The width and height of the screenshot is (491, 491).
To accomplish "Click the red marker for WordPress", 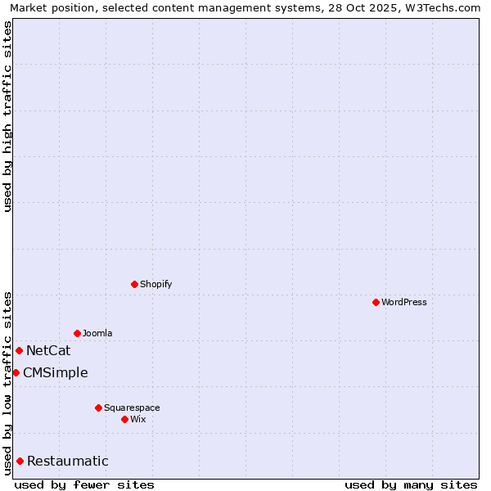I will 376,302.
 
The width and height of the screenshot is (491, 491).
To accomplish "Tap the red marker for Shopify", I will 134,284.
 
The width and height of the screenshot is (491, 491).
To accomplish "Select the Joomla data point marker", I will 77,333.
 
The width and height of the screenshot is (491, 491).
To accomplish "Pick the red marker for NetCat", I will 19,350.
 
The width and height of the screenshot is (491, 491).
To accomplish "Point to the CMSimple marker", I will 16,372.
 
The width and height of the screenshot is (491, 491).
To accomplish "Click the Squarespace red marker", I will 98,408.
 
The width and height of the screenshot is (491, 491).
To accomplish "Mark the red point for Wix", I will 124,419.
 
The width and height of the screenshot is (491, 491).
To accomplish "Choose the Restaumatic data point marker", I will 20,461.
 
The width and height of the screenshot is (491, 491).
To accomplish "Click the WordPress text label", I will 404,302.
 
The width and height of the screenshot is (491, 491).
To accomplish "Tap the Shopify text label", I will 155,284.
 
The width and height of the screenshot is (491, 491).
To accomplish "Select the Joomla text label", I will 97,333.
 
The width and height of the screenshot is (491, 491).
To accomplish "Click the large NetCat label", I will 48,351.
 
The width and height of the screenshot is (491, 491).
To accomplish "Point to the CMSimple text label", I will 55,373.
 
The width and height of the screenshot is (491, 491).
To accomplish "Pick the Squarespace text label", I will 132,408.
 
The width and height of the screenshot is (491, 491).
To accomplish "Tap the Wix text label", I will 137,419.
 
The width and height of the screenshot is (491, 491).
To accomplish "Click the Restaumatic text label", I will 67,462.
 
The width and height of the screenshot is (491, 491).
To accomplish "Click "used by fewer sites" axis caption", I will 84,484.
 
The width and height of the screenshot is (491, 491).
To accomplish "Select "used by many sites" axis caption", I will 411,484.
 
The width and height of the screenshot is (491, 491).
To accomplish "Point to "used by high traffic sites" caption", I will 7,116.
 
